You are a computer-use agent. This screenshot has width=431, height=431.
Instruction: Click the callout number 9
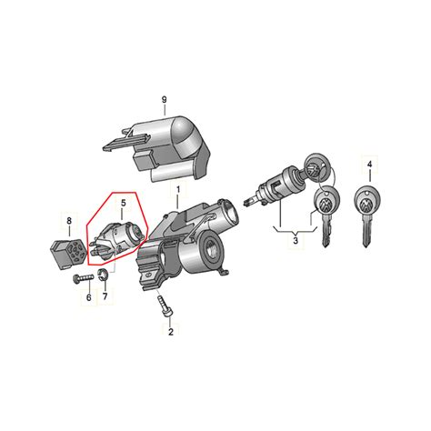tap(165, 98)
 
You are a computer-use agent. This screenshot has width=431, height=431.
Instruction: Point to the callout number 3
tap(296, 241)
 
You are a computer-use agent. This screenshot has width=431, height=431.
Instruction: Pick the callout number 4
tap(368, 165)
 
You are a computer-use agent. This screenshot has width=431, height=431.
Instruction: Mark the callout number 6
tap(89, 296)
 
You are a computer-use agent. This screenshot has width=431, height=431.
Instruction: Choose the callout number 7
tap(105, 296)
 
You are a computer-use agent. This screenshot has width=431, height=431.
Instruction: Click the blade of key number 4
tap(366, 235)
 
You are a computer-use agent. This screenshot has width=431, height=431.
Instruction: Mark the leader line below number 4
tap(368, 177)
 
